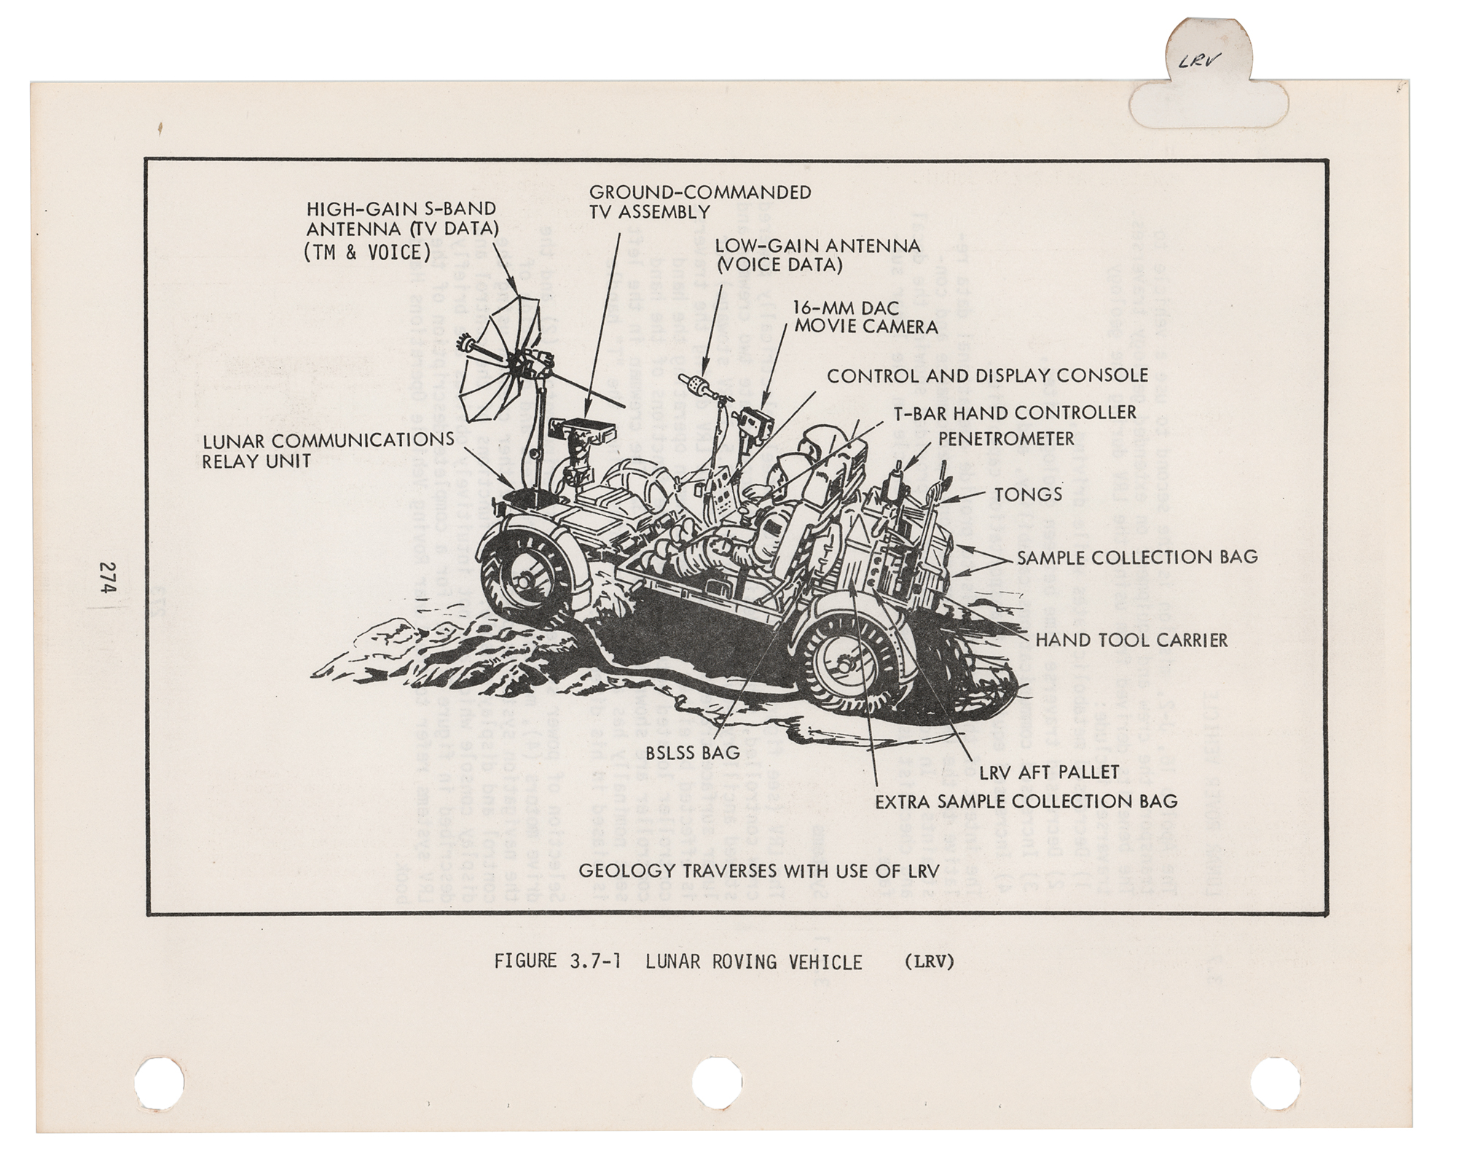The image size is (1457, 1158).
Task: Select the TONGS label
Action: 1028,494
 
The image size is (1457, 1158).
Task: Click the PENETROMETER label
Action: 1005,439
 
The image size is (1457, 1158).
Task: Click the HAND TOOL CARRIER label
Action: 1131,640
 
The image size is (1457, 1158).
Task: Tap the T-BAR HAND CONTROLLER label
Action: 1015,412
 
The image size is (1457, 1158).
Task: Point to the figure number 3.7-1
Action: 589,962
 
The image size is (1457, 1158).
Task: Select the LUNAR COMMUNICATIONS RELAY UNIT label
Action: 328,450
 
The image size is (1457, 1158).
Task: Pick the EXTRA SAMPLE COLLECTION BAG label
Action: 1026,801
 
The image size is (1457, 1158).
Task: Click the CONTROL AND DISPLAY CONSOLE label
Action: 986,376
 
